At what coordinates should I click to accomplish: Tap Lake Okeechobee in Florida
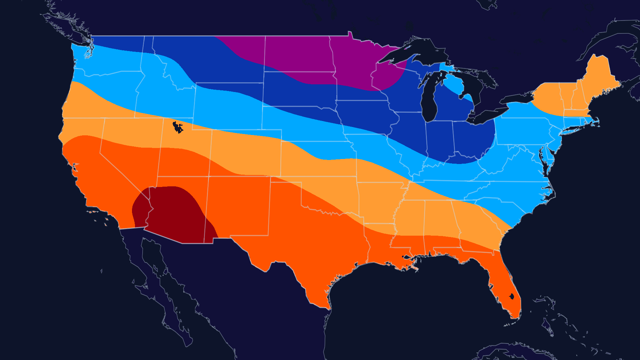pyautogui.click(x=512, y=296)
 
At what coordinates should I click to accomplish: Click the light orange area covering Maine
pyautogui.click(x=597, y=77)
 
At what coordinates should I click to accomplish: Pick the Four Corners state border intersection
pyautogui.click(x=209, y=176)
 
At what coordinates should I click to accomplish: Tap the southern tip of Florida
pyautogui.click(x=515, y=317)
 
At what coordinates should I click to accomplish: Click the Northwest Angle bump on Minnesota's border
pyautogui.click(x=350, y=34)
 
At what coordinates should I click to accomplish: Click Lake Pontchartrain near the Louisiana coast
pyautogui.click(x=407, y=257)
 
